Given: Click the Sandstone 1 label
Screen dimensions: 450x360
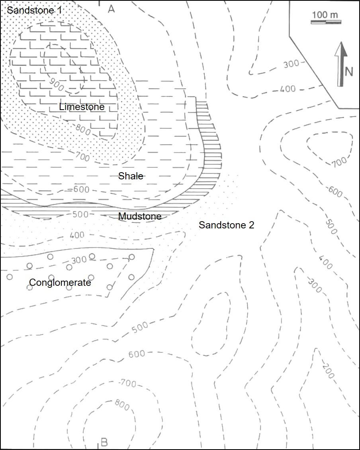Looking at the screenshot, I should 35,10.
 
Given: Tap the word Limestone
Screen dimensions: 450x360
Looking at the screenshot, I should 82,107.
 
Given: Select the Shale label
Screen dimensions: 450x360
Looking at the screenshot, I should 131,176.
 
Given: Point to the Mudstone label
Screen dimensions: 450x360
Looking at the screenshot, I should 140,216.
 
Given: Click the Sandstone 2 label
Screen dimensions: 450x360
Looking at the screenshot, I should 226,225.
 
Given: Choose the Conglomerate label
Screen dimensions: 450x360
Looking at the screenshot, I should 60,283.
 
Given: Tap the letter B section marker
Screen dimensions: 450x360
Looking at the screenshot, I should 104,442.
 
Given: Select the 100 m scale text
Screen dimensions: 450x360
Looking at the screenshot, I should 325,15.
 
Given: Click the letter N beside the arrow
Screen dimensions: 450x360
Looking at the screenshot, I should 349,72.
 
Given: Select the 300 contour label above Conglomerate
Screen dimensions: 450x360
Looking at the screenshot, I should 78,260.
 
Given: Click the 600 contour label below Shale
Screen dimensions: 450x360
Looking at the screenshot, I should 81,190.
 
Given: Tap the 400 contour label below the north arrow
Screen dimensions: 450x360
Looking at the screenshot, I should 288,88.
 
